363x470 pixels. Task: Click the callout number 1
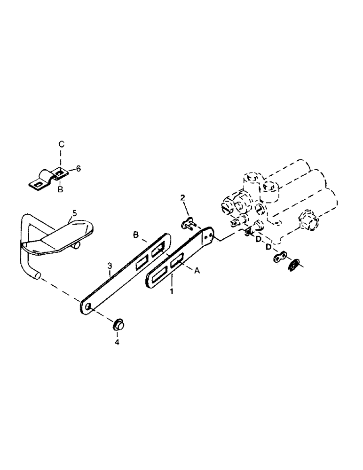(x=172, y=292)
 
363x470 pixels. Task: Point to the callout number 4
(x=118, y=342)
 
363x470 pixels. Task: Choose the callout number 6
(x=78, y=168)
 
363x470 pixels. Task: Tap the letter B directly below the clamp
(x=60, y=189)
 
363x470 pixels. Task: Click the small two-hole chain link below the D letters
(x=279, y=257)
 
